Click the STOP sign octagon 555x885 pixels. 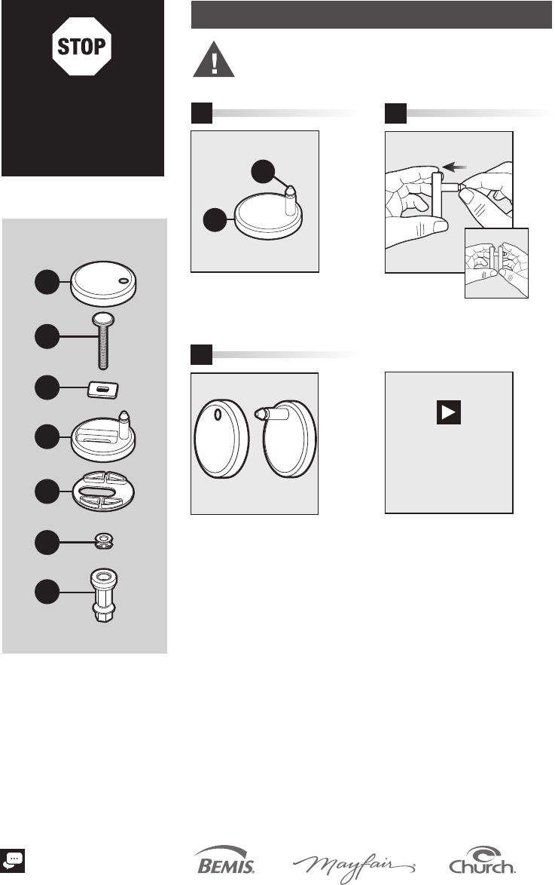click(x=82, y=46)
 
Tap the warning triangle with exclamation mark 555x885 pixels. click(x=214, y=60)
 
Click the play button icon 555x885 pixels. click(x=449, y=412)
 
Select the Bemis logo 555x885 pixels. click(x=224, y=860)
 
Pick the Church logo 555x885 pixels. click(x=482, y=860)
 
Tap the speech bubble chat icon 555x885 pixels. click(x=12, y=861)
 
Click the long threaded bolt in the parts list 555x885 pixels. click(x=102, y=340)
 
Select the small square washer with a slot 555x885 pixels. click(x=103, y=390)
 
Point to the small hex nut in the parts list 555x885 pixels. click(x=104, y=542)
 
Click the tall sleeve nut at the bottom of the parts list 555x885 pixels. click(x=104, y=595)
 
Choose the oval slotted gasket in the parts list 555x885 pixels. click(x=104, y=491)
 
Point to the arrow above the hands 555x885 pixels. click(x=455, y=167)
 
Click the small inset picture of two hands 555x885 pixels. click(x=496, y=263)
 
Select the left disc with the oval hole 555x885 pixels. click(x=221, y=439)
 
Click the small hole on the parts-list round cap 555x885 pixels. click(x=123, y=280)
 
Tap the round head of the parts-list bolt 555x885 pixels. click(x=102, y=318)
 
